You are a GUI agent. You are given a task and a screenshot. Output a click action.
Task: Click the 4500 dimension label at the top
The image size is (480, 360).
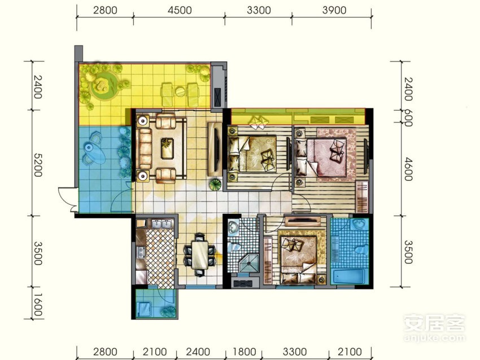(180, 10)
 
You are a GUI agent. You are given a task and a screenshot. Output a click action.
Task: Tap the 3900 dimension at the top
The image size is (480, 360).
(334, 10)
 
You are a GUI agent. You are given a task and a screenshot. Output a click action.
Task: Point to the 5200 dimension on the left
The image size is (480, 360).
(38, 165)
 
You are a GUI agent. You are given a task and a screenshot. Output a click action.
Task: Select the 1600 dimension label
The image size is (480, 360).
(38, 305)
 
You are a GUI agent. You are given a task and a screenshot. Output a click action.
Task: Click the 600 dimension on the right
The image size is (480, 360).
(408, 118)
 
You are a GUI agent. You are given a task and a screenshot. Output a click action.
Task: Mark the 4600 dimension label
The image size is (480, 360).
(408, 169)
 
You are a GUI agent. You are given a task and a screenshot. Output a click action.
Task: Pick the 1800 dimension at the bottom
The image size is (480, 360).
(245, 352)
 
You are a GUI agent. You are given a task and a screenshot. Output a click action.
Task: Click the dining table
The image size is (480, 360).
(199, 255)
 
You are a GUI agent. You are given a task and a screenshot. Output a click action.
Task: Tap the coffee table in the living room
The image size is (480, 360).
(168, 148)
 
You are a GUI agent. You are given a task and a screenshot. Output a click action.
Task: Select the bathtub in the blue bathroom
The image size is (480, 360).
(348, 276)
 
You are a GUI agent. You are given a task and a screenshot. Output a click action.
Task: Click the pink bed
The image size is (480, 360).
(326, 157)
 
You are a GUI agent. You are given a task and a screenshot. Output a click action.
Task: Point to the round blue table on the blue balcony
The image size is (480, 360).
(94, 153)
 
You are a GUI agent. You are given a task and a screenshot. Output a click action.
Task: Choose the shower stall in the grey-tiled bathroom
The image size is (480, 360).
(248, 263)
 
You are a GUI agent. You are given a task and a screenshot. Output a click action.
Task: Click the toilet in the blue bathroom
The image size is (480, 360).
(361, 249)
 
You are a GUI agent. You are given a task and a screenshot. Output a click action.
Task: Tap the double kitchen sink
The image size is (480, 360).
(162, 224)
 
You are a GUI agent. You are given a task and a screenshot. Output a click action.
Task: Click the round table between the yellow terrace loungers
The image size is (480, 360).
(180, 91)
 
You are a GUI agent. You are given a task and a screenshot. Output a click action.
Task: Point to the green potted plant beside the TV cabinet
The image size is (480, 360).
(215, 185)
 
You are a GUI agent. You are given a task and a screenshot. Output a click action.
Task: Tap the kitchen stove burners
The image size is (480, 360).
(141, 252)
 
